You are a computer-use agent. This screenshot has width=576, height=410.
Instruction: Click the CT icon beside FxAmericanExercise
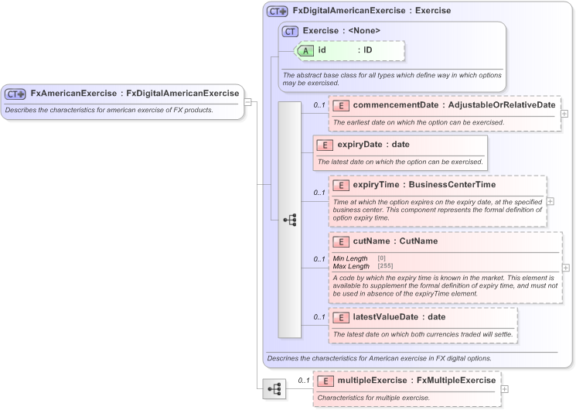[x=15, y=94]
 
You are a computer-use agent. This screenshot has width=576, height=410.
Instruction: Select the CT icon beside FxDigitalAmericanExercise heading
[x=277, y=12]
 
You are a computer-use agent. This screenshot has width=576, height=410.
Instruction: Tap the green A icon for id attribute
[x=306, y=50]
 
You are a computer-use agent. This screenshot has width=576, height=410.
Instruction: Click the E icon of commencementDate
[x=342, y=105]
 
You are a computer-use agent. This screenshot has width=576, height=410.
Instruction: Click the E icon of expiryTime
[x=342, y=185]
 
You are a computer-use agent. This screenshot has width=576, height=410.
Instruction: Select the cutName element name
[x=373, y=241]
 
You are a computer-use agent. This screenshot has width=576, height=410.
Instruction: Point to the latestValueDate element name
[x=386, y=316]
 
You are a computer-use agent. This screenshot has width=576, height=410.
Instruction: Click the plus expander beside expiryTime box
[x=550, y=201]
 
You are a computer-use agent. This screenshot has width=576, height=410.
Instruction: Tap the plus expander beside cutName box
[x=566, y=268]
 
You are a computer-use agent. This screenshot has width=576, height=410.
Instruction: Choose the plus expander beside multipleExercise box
[x=505, y=388]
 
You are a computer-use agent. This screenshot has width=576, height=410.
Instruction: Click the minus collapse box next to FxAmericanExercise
[x=247, y=101]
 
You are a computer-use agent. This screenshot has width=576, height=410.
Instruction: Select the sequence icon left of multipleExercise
[x=273, y=389]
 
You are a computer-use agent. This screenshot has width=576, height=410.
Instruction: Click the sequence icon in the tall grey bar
[x=289, y=220]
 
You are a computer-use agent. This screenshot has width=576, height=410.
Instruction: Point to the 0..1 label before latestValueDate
[x=319, y=317]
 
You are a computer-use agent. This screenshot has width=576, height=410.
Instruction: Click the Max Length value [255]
[x=385, y=266]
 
